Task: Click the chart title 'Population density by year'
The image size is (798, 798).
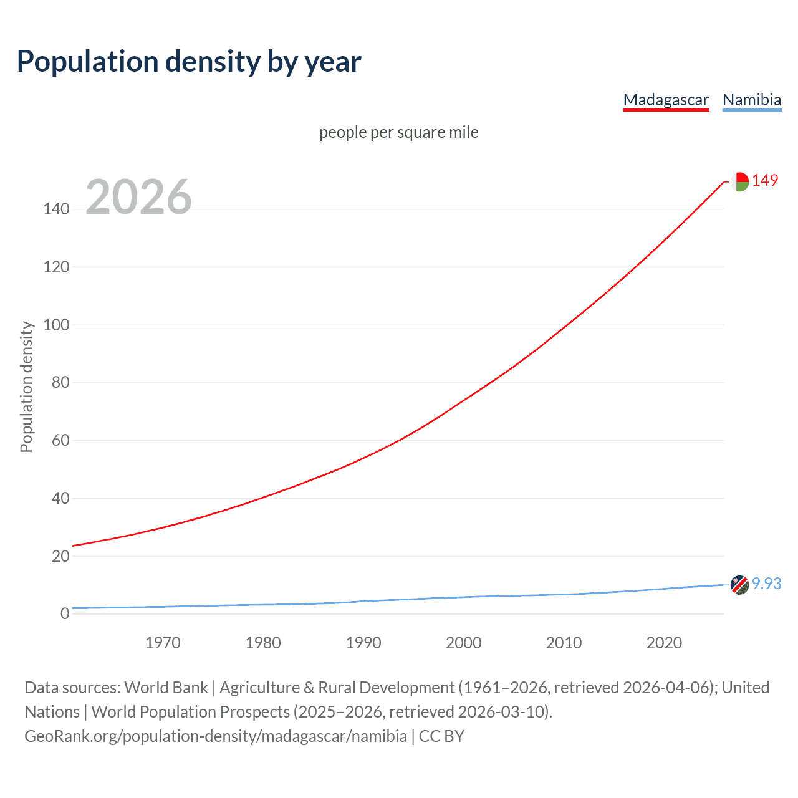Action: tap(189, 62)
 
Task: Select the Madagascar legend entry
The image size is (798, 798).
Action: tap(666, 100)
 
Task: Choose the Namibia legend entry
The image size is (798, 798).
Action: tap(751, 100)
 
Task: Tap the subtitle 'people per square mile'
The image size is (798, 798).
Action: tap(398, 132)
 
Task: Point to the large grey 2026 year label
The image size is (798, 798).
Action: tap(138, 197)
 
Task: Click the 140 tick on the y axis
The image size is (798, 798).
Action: tap(56, 209)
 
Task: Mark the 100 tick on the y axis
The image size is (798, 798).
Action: tap(56, 325)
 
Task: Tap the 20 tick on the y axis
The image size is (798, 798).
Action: tap(60, 556)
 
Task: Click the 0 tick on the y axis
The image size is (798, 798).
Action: tap(65, 613)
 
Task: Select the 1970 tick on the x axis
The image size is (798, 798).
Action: tap(163, 643)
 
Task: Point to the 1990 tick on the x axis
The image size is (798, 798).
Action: tap(363, 643)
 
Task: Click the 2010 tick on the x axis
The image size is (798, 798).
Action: tap(564, 643)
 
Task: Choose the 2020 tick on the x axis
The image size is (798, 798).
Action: tap(664, 643)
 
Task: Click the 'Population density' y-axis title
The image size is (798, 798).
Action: tap(26, 387)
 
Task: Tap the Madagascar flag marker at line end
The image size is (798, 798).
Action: tap(739, 181)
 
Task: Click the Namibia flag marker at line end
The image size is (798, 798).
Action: tap(739, 585)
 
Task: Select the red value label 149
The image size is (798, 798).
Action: tap(765, 180)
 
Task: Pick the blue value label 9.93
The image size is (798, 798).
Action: tap(766, 584)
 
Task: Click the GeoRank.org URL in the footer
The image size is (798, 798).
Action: tap(216, 736)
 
